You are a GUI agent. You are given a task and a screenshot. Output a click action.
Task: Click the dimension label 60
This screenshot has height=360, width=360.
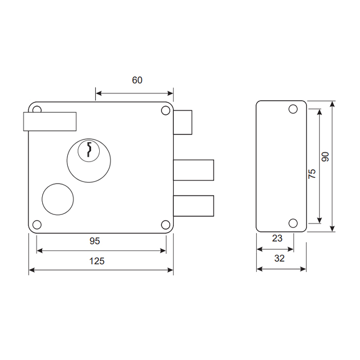pos(137,80)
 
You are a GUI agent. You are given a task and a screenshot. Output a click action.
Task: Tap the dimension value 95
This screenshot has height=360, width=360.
pos(95,241)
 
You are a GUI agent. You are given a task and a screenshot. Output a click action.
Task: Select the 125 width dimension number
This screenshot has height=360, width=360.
pos(97,261)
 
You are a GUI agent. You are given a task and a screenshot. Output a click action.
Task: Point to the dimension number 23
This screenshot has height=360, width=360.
pos(277,238)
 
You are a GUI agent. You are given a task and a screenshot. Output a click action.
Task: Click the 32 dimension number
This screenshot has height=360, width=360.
pos(279,258)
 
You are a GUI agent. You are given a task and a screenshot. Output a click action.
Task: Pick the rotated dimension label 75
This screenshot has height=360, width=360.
pos(312,174)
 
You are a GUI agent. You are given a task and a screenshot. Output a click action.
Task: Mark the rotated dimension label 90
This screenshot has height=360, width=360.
pos(325,157)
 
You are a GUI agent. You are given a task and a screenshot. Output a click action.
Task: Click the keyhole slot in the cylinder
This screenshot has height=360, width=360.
pos(89,150)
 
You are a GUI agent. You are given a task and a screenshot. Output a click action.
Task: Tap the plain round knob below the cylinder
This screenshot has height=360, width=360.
pos(58,200)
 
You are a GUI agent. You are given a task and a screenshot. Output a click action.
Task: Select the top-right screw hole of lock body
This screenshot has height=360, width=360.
pos(166,111)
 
